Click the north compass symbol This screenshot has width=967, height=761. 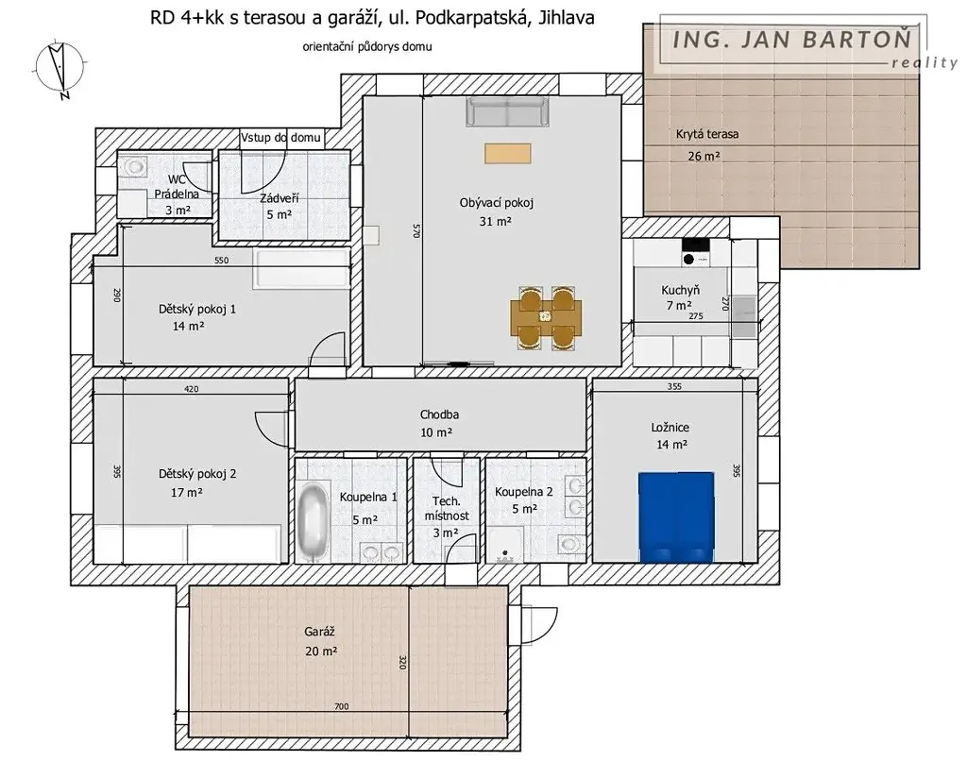(59, 69)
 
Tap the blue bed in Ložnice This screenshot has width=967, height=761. (676, 517)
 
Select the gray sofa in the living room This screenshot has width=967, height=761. (507, 111)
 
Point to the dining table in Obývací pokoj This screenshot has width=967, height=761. (546, 317)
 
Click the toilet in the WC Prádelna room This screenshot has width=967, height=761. (135, 165)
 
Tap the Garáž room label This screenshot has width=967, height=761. (320, 632)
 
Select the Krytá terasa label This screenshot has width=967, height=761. (706, 134)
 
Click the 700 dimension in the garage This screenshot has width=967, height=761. (341, 707)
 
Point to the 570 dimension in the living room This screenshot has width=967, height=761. (416, 230)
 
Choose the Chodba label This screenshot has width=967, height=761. (439, 414)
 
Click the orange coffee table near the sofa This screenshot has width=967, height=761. (507, 154)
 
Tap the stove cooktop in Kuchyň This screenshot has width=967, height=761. (696, 252)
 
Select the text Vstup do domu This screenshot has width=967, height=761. (280, 138)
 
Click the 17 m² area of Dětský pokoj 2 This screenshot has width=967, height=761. (187, 493)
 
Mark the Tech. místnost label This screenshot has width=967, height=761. (447, 508)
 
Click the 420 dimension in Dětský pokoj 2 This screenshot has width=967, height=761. (191, 389)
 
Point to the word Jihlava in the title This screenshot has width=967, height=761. (567, 18)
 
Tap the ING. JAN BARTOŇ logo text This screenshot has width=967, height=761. (792, 40)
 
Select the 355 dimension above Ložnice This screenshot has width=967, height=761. (674, 387)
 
